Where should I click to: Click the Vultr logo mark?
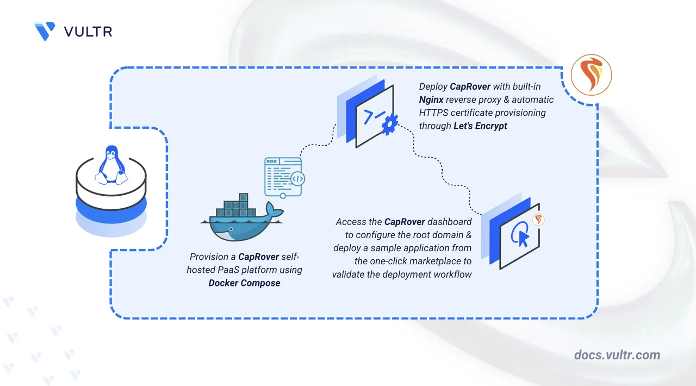(x=45, y=31)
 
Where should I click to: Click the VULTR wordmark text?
(x=88, y=32)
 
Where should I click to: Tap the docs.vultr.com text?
(x=617, y=355)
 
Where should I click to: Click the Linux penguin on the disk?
(x=111, y=165)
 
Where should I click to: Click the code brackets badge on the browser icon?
(x=297, y=179)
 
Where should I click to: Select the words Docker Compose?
(x=244, y=283)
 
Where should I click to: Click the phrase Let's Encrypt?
(x=480, y=126)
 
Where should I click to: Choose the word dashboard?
(x=449, y=222)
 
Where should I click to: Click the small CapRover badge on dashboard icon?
(x=538, y=220)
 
